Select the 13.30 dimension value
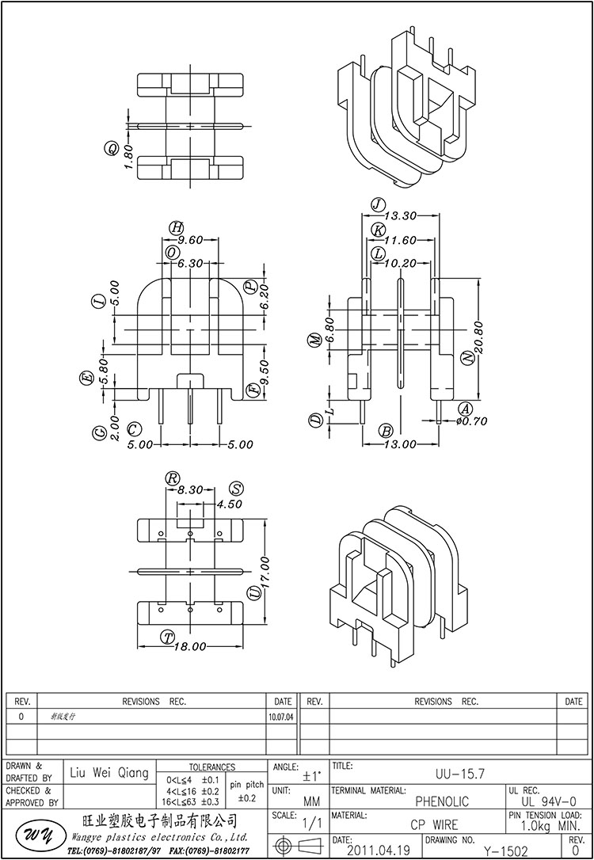coord(400,215)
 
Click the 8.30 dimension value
coord(190,490)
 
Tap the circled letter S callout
coord(234,488)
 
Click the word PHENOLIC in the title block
coord(442,802)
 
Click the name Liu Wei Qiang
coord(109,773)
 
